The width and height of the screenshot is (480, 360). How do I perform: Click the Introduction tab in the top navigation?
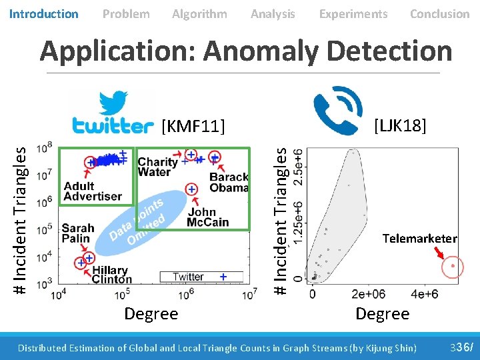coord(44,13)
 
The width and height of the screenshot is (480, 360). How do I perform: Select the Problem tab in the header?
coord(126,13)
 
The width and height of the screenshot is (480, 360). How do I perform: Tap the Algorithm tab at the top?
coord(199,13)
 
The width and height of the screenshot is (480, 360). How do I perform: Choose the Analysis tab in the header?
coord(273,13)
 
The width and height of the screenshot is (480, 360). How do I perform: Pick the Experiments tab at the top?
coord(353,13)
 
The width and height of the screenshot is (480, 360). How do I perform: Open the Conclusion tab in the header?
coord(439,13)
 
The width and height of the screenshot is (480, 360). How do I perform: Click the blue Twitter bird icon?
coord(114,104)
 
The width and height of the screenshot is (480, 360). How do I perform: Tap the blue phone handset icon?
coord(338,111)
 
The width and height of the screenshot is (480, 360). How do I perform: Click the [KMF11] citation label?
coord(193,125)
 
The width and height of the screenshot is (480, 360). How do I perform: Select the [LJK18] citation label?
coord(400,125)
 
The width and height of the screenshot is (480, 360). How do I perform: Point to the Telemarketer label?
coord(419,239)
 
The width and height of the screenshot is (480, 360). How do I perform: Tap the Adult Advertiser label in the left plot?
coord(93,191)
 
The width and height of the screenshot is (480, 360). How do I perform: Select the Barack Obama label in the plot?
coord(229,182)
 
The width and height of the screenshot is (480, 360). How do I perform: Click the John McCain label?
coord(208,217)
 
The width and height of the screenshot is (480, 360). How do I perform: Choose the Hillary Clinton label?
coord(111,275)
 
